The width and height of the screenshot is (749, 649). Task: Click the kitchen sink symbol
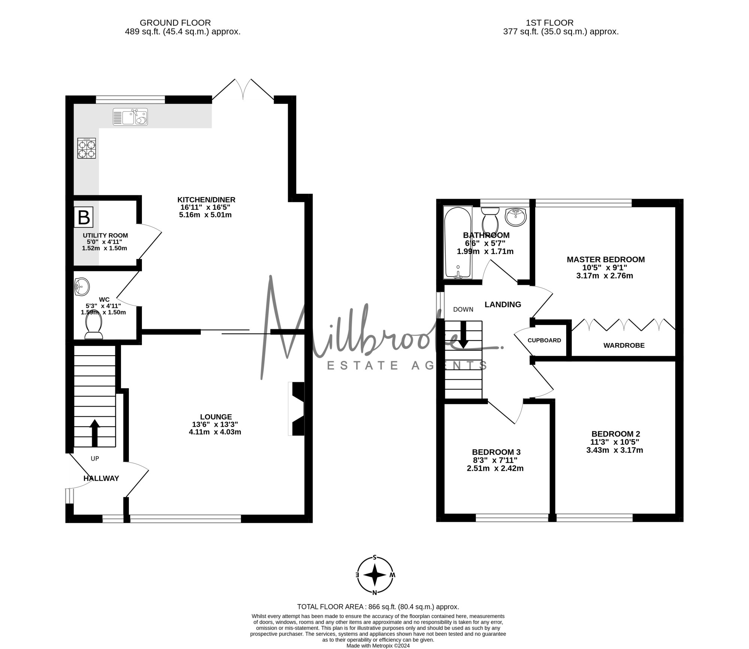(x=130, y=117)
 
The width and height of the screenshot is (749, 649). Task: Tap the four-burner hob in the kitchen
(x=87, y=148)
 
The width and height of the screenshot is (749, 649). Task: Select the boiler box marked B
(x=83, y=217)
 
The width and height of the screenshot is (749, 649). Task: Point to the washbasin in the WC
(x=82, y=287)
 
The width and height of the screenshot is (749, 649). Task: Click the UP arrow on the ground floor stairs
(x=95, y=433)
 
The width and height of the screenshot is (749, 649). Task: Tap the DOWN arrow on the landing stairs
(x=463, y=334)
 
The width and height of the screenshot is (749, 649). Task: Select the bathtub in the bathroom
(x=457, y=242)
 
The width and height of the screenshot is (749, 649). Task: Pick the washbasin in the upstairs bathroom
(x=516, y=217)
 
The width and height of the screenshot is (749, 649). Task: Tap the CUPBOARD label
(x=544, y=340)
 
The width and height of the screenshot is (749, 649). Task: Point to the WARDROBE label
(x=624, y=345)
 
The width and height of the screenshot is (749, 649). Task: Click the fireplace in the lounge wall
(x=297, y=409)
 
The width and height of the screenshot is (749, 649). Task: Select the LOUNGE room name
(x=216, y=417)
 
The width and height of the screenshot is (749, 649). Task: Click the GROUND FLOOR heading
(x=175, y=23)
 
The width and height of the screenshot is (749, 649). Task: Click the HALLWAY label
(x=101, y=479)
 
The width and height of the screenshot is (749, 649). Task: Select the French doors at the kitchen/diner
(x=243, y=90)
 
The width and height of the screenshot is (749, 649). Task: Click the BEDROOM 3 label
(x=496, y=452)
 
